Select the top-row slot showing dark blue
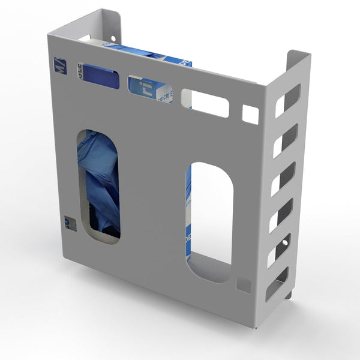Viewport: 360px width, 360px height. (x=101, y=76)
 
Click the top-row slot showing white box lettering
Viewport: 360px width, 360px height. (x=150, y=89)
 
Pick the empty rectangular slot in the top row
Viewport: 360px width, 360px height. (x=205, y=103)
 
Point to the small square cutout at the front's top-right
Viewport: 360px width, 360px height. (x=250, y=114)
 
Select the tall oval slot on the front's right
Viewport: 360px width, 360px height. (x=209, y=221)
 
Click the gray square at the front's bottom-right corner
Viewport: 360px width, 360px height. (x=243, y=284)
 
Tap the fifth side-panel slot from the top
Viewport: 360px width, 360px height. (x=279, y=250)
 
